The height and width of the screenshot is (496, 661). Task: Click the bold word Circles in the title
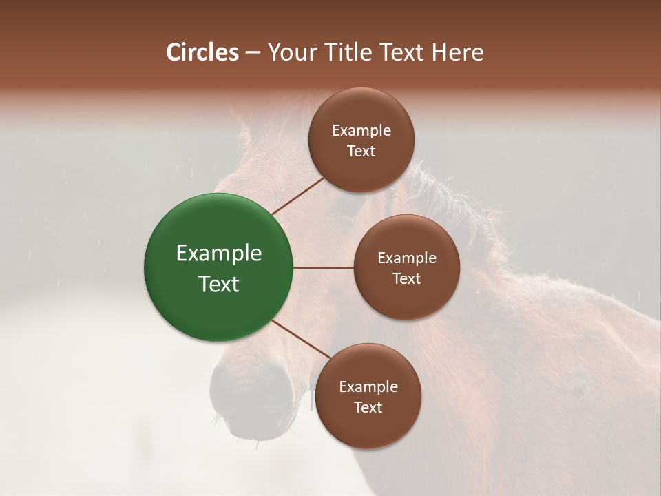coord(202,52)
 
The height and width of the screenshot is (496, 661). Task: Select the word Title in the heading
coord(353,52)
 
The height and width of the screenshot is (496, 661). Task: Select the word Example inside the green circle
coord(219,254)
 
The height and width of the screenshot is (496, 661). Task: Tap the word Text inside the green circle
coord(219,284)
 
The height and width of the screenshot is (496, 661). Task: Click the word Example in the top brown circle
coord(361,131)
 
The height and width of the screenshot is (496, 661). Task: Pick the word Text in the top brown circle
coord(361,151)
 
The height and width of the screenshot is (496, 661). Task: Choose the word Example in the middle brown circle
coord(407,258)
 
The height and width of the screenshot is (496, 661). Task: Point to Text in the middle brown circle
coord(407,278)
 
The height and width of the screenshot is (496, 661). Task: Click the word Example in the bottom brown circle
coord(368,387)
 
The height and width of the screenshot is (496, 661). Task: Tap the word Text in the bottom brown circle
coord(368,407)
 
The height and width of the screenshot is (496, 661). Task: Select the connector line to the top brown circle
coord(297,196)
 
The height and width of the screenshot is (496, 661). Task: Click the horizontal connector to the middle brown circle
coord(323,267)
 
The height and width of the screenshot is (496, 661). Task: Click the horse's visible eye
coord(391,193)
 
